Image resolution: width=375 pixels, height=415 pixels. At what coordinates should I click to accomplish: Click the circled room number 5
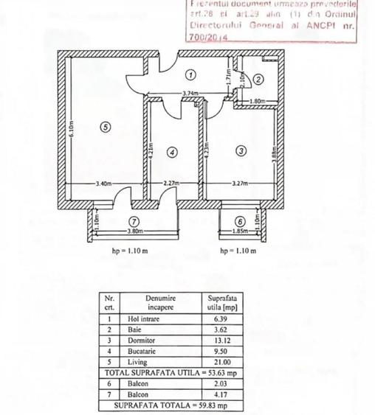point(106,127)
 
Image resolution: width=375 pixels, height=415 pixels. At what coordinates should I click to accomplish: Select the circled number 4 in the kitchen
point(172,153)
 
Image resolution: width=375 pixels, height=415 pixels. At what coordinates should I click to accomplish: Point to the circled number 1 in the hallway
point(190,74)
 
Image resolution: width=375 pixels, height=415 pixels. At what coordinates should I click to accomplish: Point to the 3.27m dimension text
point(240,184)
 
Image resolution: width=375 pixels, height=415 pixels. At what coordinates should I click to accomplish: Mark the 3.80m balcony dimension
point(134,231)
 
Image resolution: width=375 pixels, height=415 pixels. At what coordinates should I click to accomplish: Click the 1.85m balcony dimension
point(240,231)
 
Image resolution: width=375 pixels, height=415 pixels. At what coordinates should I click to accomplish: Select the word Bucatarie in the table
point(143,352)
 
